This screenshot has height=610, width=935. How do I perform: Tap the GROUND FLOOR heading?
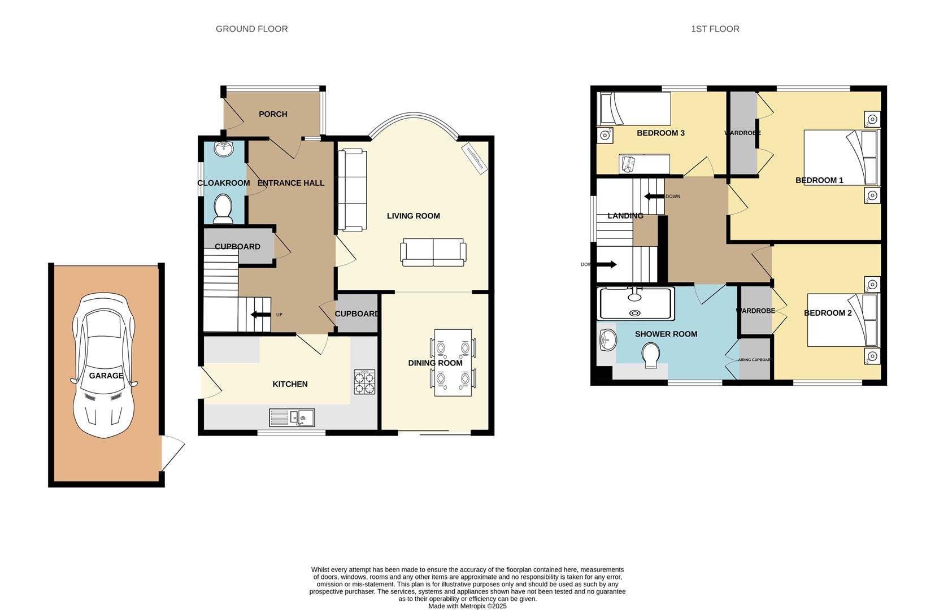251,29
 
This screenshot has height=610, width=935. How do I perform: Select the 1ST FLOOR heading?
715,29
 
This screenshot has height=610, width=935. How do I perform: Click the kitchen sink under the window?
292,417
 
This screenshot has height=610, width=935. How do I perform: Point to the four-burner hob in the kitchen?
364,382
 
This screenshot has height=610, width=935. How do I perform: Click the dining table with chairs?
453,362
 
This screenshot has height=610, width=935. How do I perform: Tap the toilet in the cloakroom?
223,210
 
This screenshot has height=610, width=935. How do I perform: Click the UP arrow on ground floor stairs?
260,315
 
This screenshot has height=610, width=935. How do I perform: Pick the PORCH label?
273,114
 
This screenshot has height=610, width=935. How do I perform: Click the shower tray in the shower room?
636,303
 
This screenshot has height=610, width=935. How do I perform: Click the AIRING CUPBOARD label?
755,360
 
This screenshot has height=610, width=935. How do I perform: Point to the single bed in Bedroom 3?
634,108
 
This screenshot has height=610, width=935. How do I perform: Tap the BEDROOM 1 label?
819,180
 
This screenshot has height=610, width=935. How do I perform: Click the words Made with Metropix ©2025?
467,606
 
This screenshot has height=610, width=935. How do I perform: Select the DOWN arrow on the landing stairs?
655,197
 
